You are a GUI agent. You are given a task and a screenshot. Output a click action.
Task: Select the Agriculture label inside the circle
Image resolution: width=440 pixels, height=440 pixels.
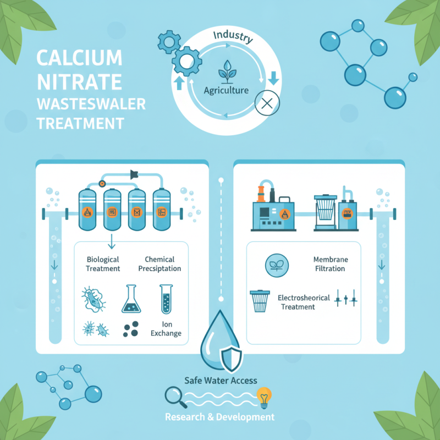[x=226, y=90]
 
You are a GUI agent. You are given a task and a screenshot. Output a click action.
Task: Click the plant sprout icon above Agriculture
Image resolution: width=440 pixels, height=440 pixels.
[x=226, y=71]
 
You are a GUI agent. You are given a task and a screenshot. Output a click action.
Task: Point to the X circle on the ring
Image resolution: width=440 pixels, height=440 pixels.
[x=268, y=102]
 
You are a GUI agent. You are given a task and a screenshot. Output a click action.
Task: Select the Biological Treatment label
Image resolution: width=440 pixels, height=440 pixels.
[x=103, y=264]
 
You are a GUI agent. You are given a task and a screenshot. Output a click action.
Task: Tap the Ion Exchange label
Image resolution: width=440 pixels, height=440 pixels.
[x=168, y=329]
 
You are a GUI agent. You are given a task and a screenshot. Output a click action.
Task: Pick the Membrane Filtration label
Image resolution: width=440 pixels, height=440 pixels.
[x=330, y=264]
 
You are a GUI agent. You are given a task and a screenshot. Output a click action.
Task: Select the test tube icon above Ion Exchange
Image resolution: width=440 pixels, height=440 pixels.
[x=167, y=299]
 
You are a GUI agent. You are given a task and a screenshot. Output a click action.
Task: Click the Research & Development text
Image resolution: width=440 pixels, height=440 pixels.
[x=220, y=417]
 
